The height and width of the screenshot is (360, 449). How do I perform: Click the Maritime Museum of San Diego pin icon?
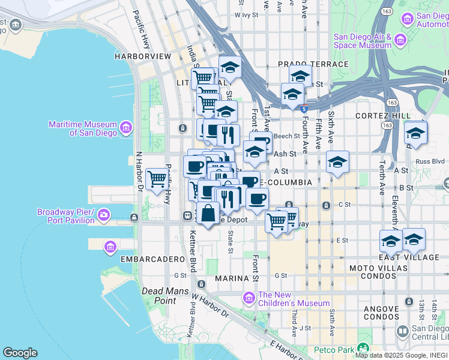[126, 128]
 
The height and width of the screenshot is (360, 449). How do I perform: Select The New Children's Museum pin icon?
[249, 298]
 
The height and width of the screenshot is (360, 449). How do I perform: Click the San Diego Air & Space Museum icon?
[400, 41]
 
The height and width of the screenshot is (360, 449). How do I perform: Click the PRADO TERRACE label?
[313, 64]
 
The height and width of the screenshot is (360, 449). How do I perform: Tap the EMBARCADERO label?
[152, 259]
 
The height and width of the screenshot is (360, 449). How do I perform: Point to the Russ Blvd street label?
[430, 161]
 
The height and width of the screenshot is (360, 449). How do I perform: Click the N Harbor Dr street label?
[139, 170]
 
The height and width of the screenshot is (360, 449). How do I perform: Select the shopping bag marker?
[208, 214]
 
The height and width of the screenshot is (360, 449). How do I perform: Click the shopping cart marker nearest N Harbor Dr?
[157, 178]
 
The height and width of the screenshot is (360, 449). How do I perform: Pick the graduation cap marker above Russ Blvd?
[415, 133]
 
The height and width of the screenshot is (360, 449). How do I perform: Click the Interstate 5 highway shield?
[304, 109]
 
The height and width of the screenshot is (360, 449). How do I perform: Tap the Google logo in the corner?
[20, 353]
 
